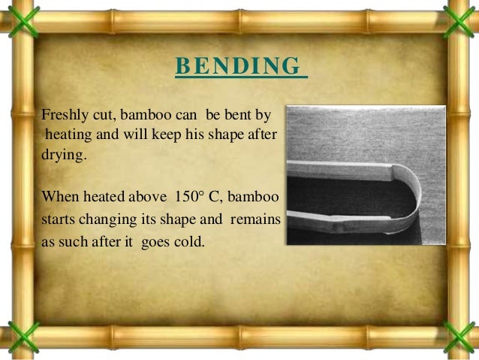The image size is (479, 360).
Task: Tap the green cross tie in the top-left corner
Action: click(17, 17)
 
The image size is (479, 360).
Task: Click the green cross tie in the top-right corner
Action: click(461, 17)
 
